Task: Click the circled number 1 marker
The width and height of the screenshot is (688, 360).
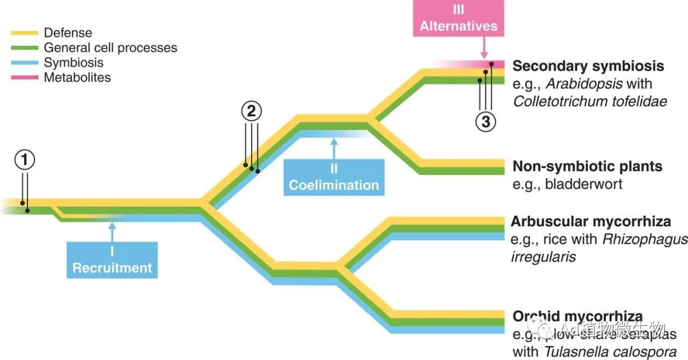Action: [x=25, y=161]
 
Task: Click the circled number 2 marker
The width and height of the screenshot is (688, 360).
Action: [x=251, y=112]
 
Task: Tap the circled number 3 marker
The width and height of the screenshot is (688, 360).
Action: [x=485, y=122]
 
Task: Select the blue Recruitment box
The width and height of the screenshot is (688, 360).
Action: [x=112, y=260]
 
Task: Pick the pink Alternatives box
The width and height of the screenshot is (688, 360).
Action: [x=459, y=18]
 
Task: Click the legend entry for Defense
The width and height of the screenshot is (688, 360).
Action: [x=68, y=32]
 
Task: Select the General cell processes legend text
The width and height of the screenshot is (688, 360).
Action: [x=110, y=48]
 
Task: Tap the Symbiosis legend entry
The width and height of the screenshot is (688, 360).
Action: [x=73, y=62]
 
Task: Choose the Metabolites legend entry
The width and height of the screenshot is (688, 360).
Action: [x=77, y=78]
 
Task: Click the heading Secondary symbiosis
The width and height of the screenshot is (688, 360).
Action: [x=588, y=66]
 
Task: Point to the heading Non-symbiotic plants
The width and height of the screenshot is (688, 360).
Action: [x=587, y=167]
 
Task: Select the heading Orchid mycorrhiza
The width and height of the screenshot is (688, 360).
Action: [x=577, y=317]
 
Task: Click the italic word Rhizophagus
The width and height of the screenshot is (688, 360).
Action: [x=645, y=240]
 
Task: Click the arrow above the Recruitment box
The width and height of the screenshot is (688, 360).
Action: [x=112, y=231]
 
